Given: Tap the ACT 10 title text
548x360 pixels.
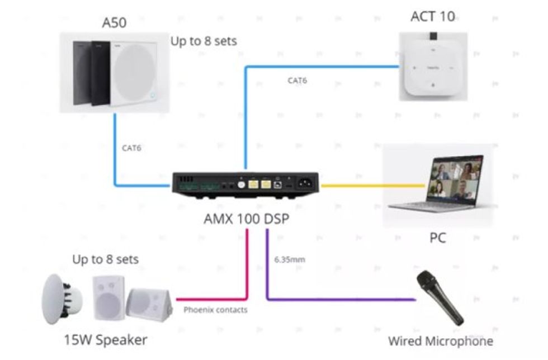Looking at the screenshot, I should (x=432, y=16).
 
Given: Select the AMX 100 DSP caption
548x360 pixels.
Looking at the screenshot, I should (x=246, y=219).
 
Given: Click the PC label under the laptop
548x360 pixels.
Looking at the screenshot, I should (x=437, y=238).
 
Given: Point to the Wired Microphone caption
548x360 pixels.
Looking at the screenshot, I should (x=441, y=341).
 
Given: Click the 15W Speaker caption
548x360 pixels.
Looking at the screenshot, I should (x=105, y=339).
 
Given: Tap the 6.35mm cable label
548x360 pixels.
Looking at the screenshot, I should (x=290, y=259).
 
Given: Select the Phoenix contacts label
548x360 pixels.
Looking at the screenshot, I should (x=215, y=310).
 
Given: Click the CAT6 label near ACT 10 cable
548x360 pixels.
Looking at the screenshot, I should (x=297, y=80).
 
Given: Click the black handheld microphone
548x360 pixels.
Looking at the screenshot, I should (x=441, y=296).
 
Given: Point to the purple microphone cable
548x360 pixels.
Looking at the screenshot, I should (x=336, y=300).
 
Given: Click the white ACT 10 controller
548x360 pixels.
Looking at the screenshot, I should (x=432, y=67).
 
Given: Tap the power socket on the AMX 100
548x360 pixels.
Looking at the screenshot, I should (x=306, y=182).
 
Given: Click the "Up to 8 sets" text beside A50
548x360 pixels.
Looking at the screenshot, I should (x=204, y=41).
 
